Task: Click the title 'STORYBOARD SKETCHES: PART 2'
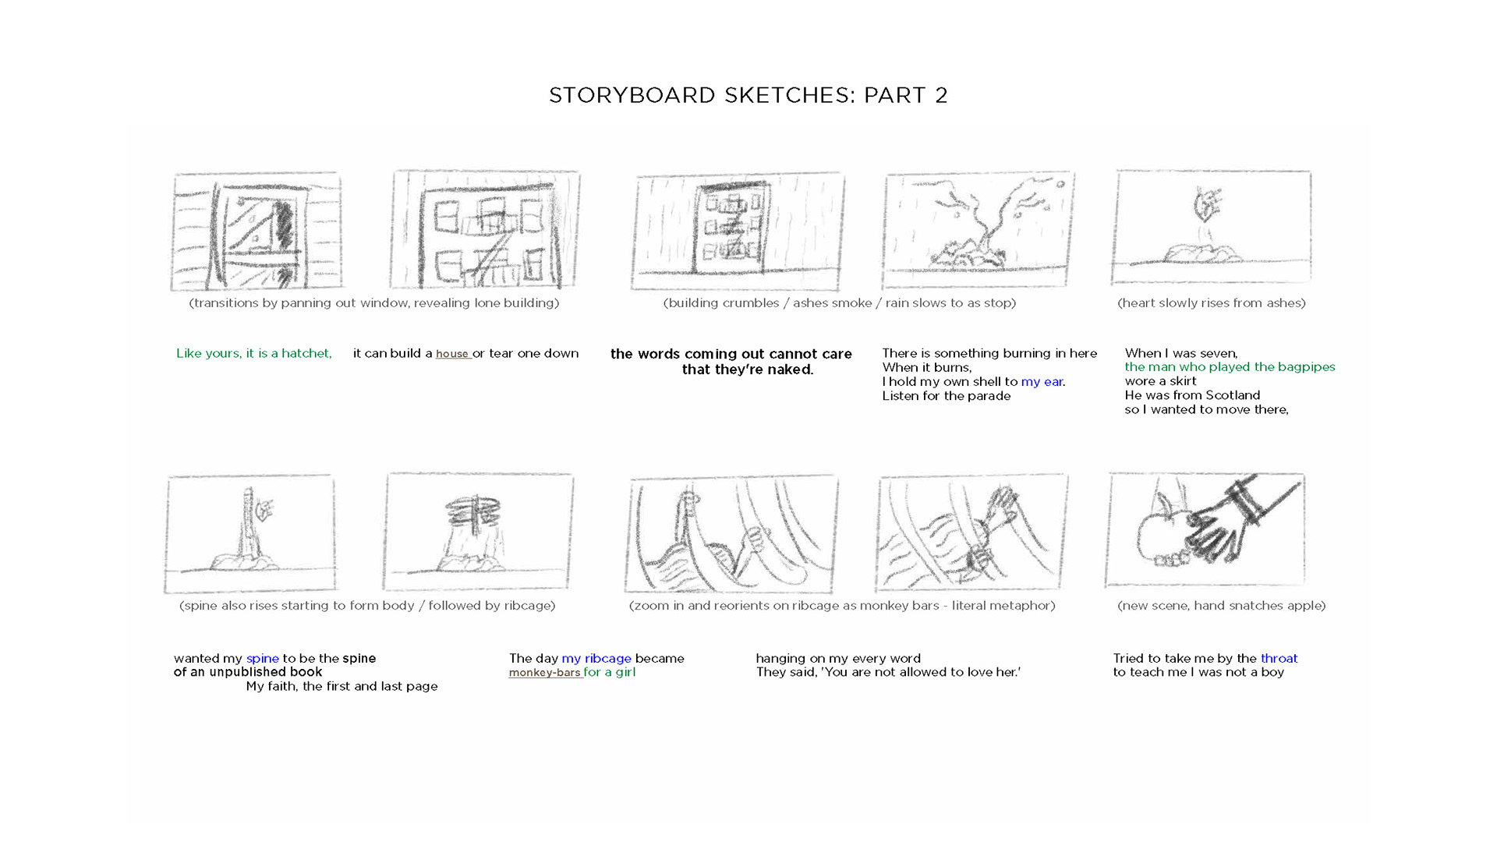[x=748, y=95]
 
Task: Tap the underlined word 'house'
[x=452, y=354]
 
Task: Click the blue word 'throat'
[x=1279, y=658]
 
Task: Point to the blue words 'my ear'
[x=1042, y=382]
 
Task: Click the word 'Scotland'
[x=1233, y=395]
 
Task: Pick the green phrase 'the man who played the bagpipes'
[x=1230, y=367]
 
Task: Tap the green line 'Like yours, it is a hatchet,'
[x=254, y=353]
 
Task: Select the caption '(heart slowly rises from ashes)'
[x=1212, y=302]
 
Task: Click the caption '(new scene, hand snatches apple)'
[x=1221, y=605]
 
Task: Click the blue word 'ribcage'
[x=608, y=658]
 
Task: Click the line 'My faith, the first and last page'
[x=342, y=686]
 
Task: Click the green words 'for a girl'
[x=610, y=672]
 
